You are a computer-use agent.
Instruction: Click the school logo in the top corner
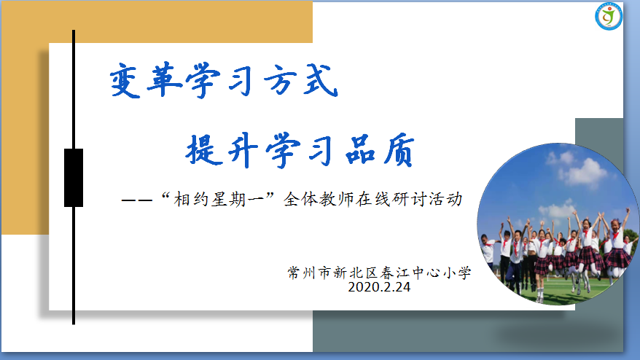[608, 16]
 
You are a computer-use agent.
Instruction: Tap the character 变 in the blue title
[125, 81]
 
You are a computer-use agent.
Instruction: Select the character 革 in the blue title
[164, 79]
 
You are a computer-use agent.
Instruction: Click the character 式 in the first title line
[321, 80]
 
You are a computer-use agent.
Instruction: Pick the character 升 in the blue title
[243, 150]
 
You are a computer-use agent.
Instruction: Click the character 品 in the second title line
[360, 149]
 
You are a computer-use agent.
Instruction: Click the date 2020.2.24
[379, 287]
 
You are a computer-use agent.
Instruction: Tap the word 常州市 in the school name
[308, 273]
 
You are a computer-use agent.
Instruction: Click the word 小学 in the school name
[457, 273]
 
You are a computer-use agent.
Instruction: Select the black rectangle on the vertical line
[74, 178]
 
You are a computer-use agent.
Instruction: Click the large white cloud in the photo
[582, 171]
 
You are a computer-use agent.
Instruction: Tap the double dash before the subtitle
[137, 200]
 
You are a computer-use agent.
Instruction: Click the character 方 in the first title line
[282, 80]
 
